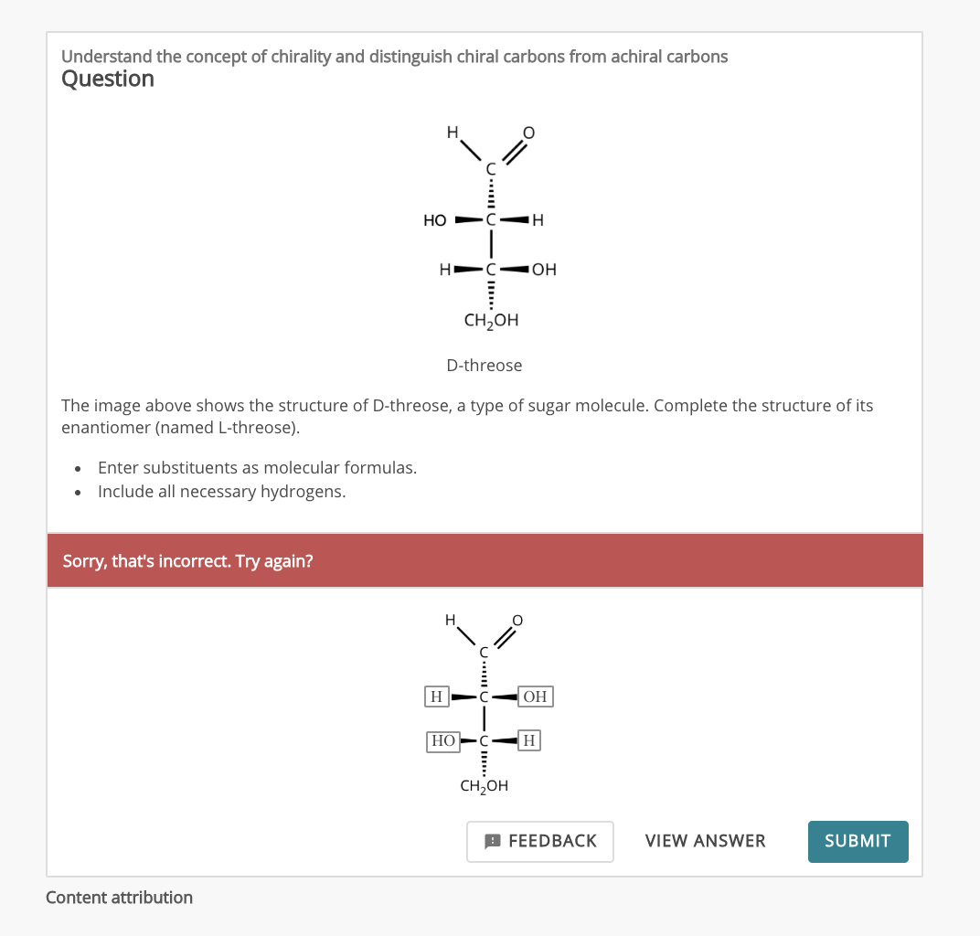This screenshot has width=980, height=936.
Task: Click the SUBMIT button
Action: pyautogui.click(x=857, y=841)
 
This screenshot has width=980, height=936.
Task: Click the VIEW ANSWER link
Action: pyautogui.click(x=705, y=841)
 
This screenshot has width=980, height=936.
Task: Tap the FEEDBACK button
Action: pyautogui.click(x=540, y=841)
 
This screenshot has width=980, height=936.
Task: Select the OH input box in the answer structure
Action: pyautogui.click(x=535, y=697)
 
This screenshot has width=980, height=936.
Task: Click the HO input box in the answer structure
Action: pyautogui.click(x=443, y=740)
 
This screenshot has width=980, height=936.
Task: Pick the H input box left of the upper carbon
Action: pyautogui.click(x=437, y=697)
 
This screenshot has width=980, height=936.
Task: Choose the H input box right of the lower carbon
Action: pyautogui.click(x=529, y=739)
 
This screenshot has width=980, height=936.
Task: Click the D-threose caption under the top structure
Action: pyautogui.click(x=485, y=366)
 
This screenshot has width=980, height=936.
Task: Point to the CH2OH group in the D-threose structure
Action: pyautogui.click(x=491, y=321)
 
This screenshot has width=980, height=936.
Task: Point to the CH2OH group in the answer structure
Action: pyautogui.click(x=485, y=786)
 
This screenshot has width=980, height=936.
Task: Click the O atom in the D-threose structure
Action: pyautogui.click(x=528, y=133)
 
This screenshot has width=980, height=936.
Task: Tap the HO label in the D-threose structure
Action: pyautogui.click(x=435, y=220)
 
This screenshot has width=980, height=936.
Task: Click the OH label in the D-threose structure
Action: pyautogui.click(x=544, y=270)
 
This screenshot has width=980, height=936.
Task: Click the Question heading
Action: pyautogui.click(x=108, y=80)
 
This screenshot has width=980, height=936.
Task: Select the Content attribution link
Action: pyautogui.click(x=120, y=898)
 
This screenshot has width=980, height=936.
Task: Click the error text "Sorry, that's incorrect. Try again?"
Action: pyautogui.click(x=187, y=560)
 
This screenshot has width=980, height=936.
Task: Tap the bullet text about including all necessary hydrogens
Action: pyautogui.click(x=221, y=492)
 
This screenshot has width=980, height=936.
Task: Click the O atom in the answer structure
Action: pyautogui.click(x=517, y=621)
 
